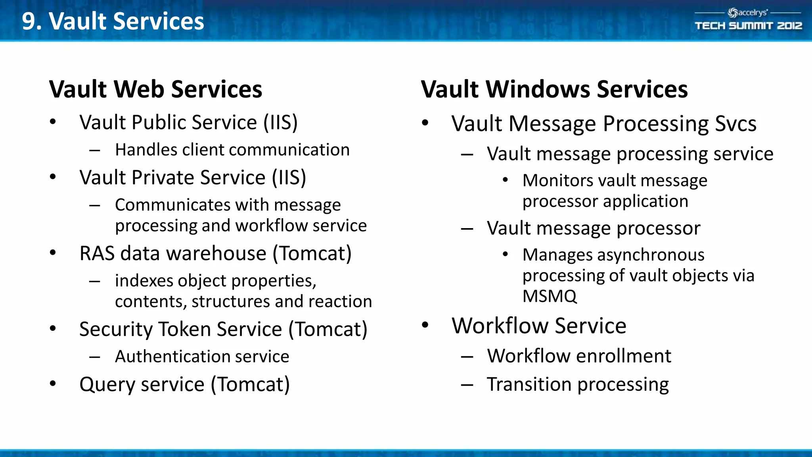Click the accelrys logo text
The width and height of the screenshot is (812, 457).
tap(752, 13)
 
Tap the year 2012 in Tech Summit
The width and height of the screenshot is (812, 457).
tap(789, 26)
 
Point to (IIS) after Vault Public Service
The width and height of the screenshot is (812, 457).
tap(281, 122)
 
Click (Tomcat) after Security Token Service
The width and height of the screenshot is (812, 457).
tap(328, 329)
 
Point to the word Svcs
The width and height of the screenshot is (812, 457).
tap(735, 124)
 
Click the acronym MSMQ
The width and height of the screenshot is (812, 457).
tap(550, 296)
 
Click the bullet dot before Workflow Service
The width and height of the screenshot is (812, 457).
tap(425, 325)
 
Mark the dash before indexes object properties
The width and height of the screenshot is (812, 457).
tap(94, 281)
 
